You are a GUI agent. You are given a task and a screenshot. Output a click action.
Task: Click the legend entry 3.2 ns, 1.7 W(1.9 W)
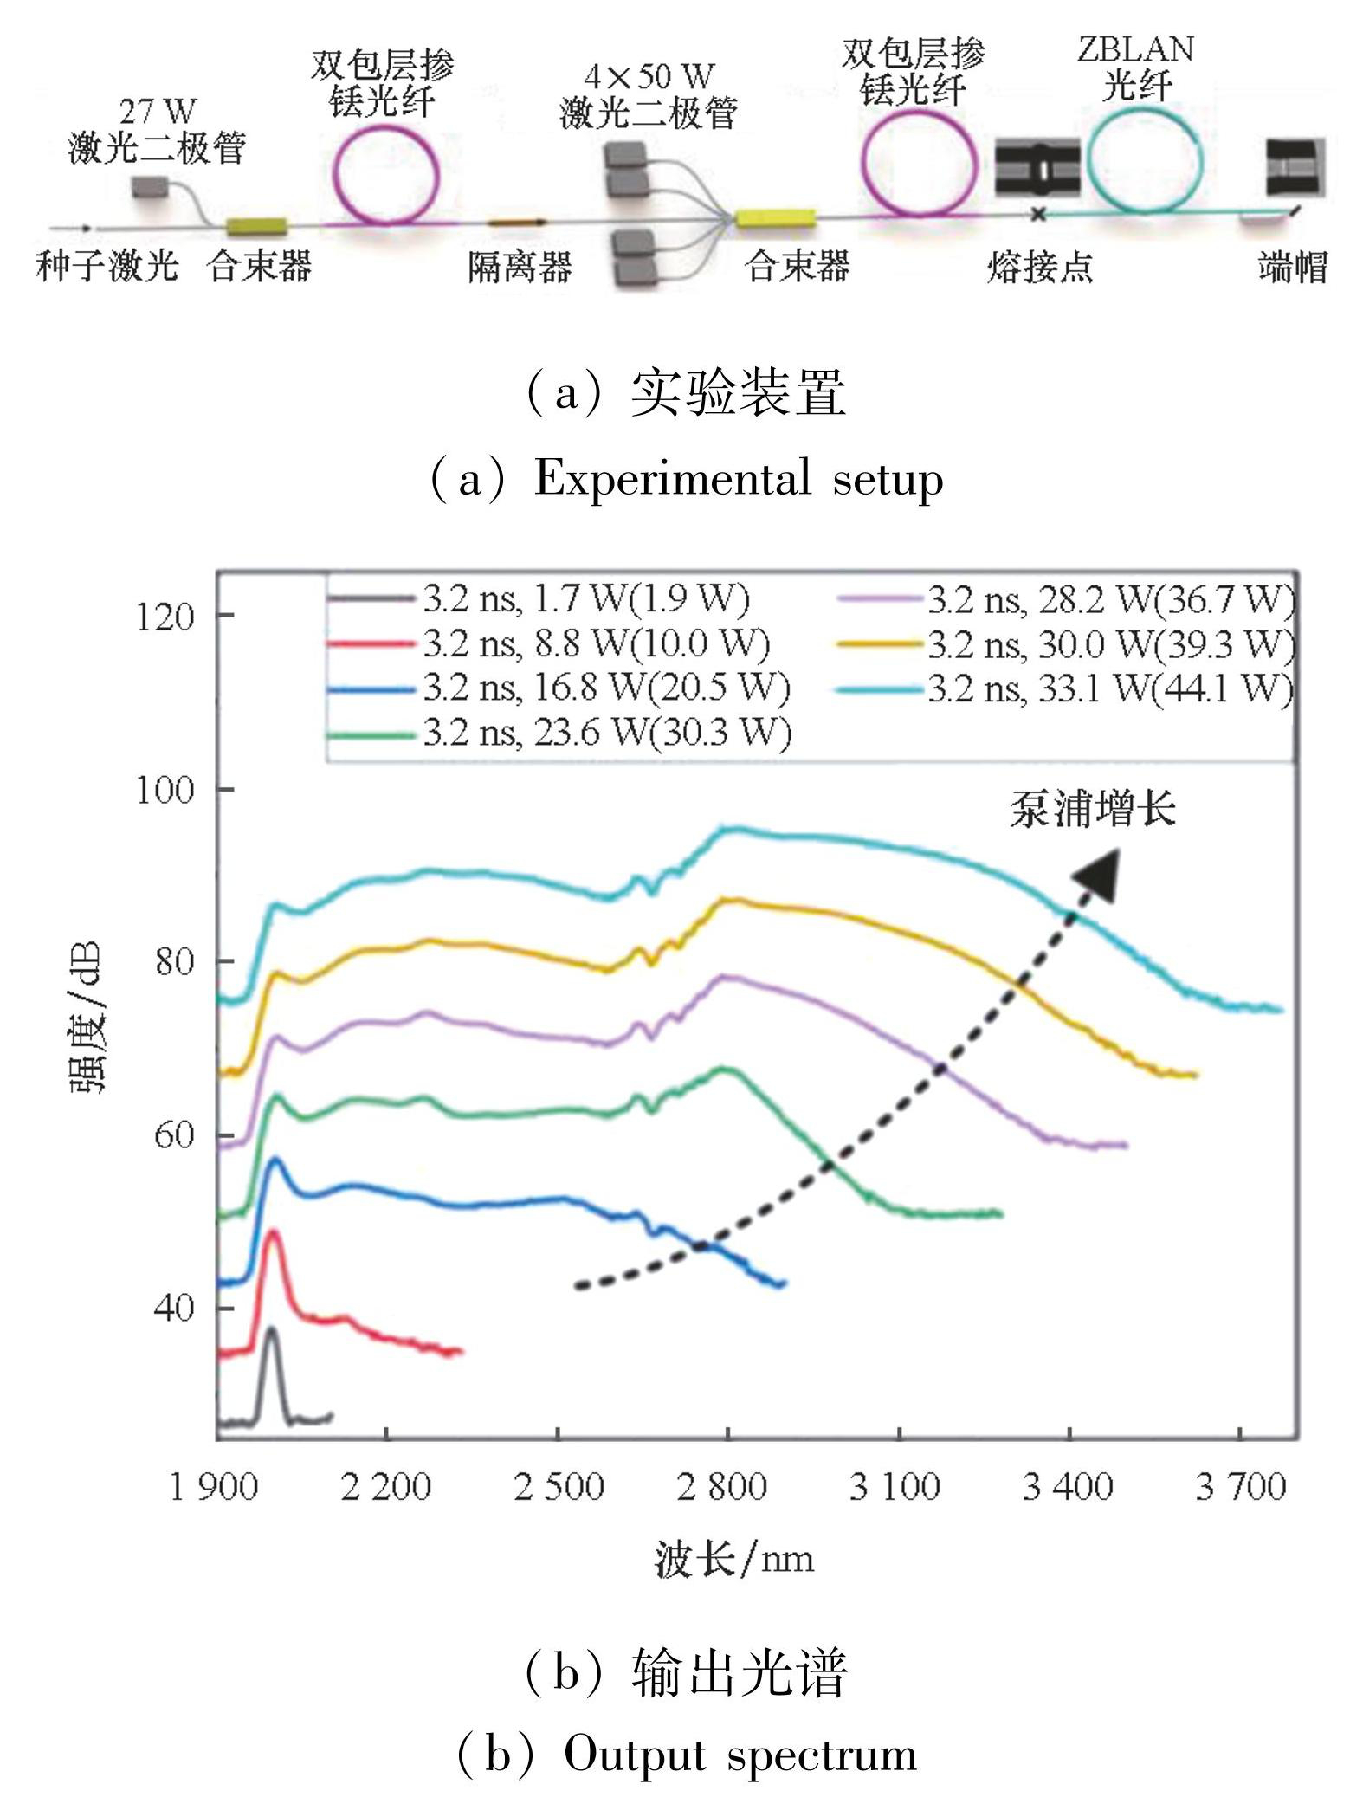[585, 598]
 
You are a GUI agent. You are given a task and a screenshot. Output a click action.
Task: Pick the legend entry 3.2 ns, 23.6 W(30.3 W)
[606, 734]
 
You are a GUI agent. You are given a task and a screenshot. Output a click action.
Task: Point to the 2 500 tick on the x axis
[559, 1487]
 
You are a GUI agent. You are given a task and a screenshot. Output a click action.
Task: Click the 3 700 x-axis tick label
[1240, 1487]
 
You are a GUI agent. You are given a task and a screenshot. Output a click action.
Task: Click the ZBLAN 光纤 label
[1135, 68]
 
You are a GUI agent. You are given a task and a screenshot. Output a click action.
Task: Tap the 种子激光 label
[107, 265]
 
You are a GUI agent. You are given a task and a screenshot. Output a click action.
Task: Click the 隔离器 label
[520, 267]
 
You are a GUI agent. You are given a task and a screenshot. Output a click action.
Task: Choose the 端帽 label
[1292, 268]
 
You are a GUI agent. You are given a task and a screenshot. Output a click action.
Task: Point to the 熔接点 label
[1039, 268]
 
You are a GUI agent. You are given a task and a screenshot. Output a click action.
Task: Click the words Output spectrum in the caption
[740, 1755]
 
